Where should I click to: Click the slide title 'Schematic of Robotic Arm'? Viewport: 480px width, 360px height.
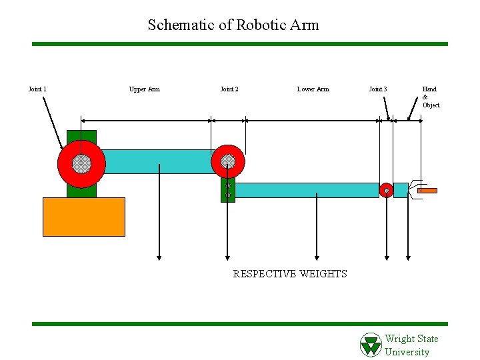coord(233,25)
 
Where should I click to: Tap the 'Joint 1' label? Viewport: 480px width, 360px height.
coord(37,89)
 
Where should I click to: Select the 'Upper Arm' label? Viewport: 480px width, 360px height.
coord(144,89)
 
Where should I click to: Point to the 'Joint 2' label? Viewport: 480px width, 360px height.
coord(229,89)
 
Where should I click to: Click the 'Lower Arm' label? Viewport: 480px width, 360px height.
coord(313,89)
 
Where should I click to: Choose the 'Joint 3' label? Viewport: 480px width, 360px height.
coord(378,89)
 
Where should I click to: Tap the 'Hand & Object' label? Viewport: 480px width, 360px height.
coord(431,97)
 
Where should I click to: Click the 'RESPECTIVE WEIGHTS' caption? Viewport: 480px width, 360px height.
coord(290,274)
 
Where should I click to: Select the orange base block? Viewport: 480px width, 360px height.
coord(83,217)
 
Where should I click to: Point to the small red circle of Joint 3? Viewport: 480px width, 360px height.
coord(386,191)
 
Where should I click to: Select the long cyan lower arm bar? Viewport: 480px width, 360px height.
coord(307,190)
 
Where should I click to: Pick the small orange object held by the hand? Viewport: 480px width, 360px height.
coord(427,191)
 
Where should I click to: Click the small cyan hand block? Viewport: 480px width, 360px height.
coord(401,190)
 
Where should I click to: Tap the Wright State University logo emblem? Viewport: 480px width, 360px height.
coord(371,345)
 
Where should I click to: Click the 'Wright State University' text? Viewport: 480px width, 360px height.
coord(411,345)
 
